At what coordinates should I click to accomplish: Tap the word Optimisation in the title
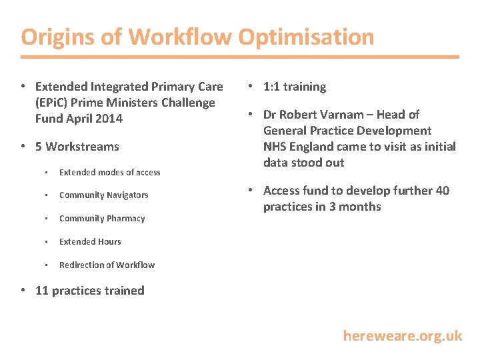point(306,37)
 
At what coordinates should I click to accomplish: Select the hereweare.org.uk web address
point(402,335)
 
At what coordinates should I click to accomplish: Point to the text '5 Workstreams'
point(77,147)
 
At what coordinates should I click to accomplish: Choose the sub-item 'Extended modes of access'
point(109,172)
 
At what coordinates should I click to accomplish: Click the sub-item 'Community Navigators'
point(103,195)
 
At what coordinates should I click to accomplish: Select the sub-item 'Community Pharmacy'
point(102,219)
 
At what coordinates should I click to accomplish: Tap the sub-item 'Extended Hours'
point(90,242)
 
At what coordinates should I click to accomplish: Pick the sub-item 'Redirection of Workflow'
point(107,265)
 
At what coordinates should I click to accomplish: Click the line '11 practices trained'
point(89,291)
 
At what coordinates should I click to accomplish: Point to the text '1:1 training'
point(295,87)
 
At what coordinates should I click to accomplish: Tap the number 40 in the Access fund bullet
point(442,191)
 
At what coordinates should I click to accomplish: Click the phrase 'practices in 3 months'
point(322,207)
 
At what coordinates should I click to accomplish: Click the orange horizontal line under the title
point(240,57)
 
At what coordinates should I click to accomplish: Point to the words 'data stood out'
point(303,163)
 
